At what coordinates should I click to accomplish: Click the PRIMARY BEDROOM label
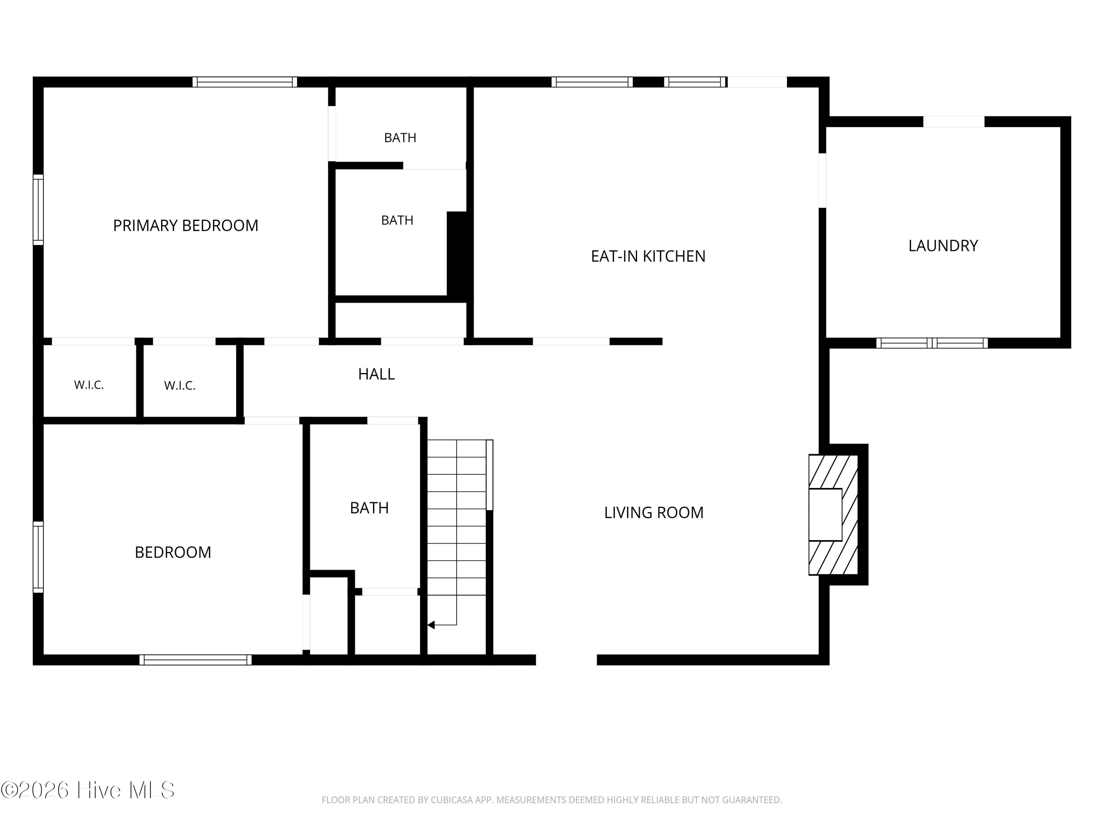pyautogui.click(x=186, y=226)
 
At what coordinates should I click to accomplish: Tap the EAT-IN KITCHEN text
pyautogui.click(x=648, y=256)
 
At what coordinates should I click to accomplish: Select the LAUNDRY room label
pyautogui.click(x=943, y=245)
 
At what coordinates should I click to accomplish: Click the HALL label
pyautogui.click(x=376, y=374)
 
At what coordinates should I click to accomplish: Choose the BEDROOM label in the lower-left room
pyautogui.click(x=173, y=552)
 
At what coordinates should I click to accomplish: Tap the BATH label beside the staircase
pyautogui.click(x=369, y=507)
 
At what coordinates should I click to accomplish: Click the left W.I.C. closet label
pyautogui.click(x=89, y=385)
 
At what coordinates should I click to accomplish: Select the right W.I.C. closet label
pyautogui.click(x=180, y=385)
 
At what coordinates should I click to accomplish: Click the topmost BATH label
pyautogui.click(x=400, y=137)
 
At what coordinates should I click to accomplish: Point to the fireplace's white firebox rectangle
pyautogui.click(x=825, y=514)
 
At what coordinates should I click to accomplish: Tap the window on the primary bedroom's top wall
pyautogui.click(x=245, y=82)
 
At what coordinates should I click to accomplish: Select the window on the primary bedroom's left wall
pyautogui.click(x=38, y=210)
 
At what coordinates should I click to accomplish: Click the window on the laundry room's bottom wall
pyautogui.click(x=932, y=343)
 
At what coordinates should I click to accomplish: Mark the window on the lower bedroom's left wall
pyautogui.click(x=38, y=557)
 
